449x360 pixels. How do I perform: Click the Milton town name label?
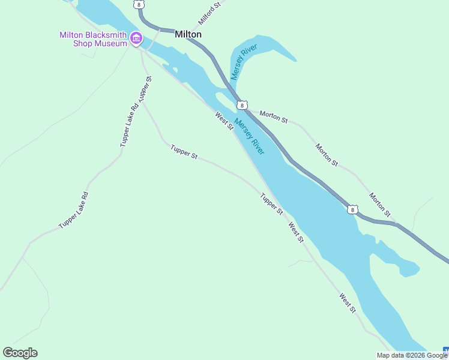pos(188,34)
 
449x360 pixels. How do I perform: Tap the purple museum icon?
pos(136,39)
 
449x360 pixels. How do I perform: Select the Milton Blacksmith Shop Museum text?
pos(93,39)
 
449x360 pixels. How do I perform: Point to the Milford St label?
pos(210,13)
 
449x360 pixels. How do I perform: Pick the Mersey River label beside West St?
pos(250,136)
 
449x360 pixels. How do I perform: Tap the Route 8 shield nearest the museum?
pos(140,4)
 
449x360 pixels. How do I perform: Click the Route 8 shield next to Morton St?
pos(241,105)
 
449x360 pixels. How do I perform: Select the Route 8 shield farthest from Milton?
pos(353,209)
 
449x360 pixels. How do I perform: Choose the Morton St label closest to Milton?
pos(274,116)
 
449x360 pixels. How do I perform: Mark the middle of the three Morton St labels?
pos(327,155)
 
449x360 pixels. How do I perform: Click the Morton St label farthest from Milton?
pos(380,205)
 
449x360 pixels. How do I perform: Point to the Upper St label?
pos(145,88)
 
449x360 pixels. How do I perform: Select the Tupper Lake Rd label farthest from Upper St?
pos(74,209)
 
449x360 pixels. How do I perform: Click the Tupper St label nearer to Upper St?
pos(184,151)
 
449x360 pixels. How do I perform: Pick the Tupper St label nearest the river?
pos(271,203)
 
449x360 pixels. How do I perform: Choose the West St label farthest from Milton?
pos(348,302)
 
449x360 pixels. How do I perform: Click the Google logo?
pos(20,353)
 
